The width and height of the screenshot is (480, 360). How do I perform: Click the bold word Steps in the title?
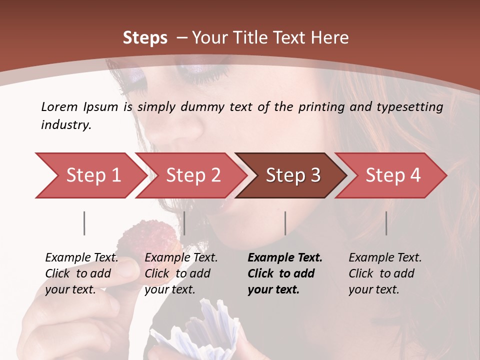point(145,38)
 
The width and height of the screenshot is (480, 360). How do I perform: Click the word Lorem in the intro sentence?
point(59,106)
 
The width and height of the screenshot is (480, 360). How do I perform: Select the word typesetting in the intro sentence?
point(409,106)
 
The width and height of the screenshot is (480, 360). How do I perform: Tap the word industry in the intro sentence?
point(66,125)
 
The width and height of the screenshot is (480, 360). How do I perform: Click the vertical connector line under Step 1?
point(84,223)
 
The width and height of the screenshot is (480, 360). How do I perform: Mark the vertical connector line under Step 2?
point(184,223)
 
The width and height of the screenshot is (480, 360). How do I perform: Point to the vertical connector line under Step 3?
point(285,223)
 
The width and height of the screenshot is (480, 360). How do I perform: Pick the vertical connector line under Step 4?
point(386,223)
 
